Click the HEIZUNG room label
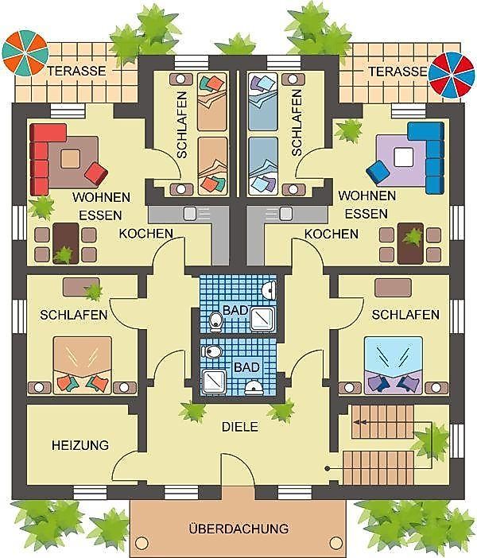(x=80, y=445)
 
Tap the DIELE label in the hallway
(x=240, y=427)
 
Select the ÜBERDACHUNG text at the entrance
(x=238, y=529)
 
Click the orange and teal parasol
(x=25, y=53)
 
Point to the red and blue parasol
(x=452, y=75)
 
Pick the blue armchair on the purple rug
(x=378, y=173)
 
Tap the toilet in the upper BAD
(x=215, y=321)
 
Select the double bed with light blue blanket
(x=394, y=366)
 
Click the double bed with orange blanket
(x=82, y=366)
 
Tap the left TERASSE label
(x=77, y=71)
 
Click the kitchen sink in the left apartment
(x=190, y=214)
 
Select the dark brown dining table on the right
(x=410, y=243)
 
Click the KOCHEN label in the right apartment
(x=332, y=234)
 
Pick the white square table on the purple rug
(x=403, y=157)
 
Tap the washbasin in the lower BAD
(x=254, y=388)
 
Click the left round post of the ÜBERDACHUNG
(x=142, y=542)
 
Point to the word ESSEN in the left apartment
(x=100, y=215)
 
